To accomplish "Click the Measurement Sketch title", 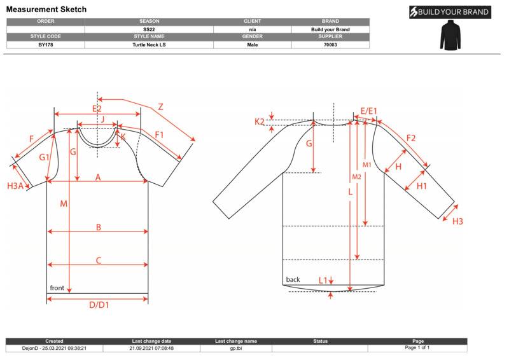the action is click(46, 10).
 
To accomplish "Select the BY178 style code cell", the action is click(45, 45).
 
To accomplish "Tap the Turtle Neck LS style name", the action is click(149, 45).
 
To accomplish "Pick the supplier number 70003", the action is click(330, 45).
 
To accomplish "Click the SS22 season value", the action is click(149, 29).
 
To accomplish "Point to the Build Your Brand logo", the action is click(450, 12).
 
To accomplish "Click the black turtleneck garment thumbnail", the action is click(450, 36).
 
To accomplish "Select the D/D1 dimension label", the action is click(99, 305).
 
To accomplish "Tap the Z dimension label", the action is click(160, 107).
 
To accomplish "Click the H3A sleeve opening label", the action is click(15, 186).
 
